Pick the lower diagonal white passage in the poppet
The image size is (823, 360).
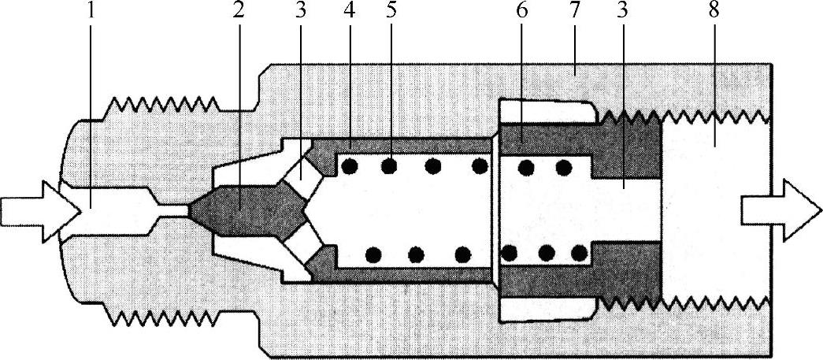click(x=302, y=251)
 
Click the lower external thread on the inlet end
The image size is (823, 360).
click(x=165, y=317)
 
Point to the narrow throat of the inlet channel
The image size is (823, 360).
click(x=172, y=210)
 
